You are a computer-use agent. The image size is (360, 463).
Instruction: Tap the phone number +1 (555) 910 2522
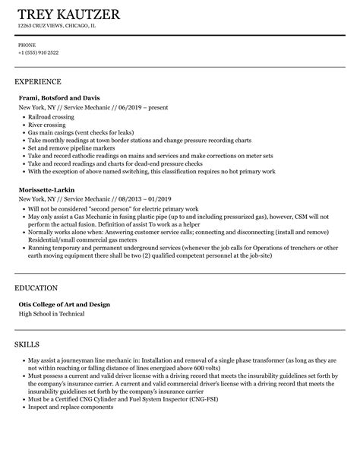coord(38,52)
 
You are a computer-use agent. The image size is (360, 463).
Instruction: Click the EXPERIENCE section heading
coord(38,81)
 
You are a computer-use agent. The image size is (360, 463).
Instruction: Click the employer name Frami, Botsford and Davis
coord(58,98)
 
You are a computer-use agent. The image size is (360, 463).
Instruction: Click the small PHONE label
coord(27,45)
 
